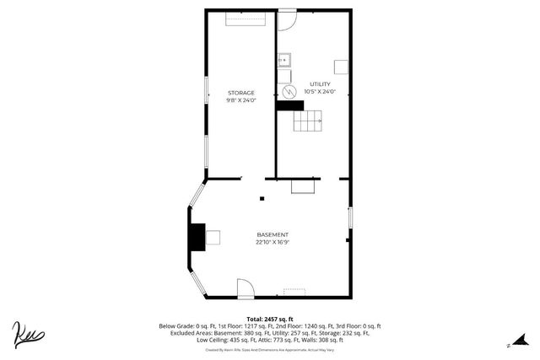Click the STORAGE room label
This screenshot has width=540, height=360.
[240, 93]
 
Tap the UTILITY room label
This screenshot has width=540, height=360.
[321, 84]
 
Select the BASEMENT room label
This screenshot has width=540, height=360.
[273, 234]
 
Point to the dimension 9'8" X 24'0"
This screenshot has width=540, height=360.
[240, 100]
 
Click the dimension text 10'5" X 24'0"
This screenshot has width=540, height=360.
[321, 92]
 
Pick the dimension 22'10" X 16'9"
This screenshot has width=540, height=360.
[273, 242]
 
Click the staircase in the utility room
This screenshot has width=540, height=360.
[308, 123]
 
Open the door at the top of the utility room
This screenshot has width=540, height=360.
[287, 19]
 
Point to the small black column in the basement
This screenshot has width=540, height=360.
[262, 199]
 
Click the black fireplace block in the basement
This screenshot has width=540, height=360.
[197, 237]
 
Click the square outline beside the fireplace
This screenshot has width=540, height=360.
[213, 237]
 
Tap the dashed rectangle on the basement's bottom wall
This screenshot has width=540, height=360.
[294, 292]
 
